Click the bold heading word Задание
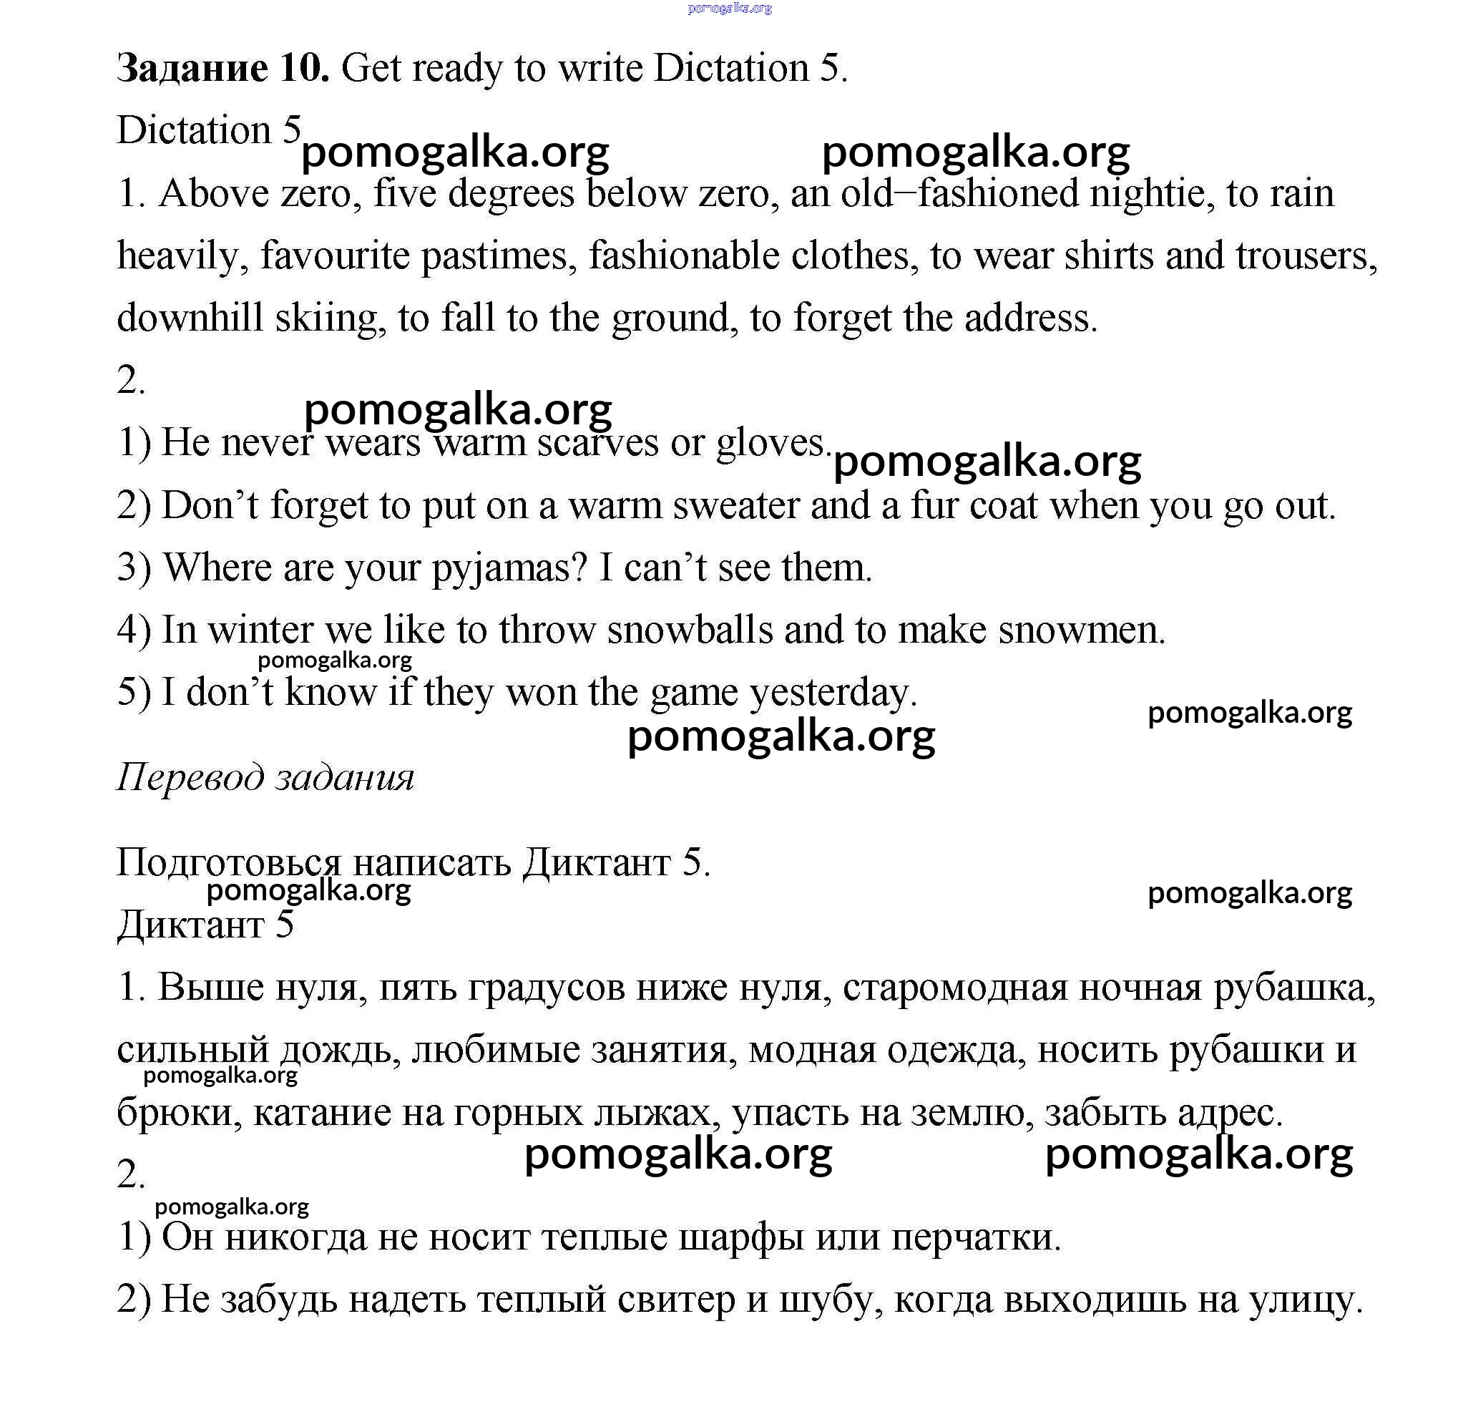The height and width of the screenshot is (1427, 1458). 192,69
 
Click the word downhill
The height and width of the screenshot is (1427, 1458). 190,318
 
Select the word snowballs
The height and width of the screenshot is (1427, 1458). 689,630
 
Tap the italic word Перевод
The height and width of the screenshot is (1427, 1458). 190,777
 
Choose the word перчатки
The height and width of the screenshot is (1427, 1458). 976,1237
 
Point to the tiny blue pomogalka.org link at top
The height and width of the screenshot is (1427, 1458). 729,9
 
